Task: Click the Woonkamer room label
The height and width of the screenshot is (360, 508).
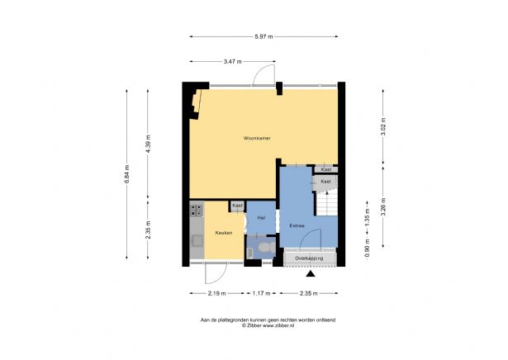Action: (x=257, y=138)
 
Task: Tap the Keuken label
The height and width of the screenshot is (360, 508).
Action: (x=224, y=233)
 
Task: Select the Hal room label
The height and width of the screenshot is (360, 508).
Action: (x=261, y=218)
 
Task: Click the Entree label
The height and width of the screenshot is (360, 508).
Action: (x=297, y=226)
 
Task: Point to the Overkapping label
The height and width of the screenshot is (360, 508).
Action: (x=309, y=258)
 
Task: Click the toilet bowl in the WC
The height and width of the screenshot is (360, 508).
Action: (x=268, y=248)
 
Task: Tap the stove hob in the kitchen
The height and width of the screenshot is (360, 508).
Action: (x=197, y=209)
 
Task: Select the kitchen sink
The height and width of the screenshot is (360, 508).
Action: (x=197, y=241)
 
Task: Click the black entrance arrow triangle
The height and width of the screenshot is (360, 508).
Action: (x=311, y=274)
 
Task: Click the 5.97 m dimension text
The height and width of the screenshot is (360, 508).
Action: (x=263, y=36)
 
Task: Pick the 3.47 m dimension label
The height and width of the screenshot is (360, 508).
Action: (x=233, y=61)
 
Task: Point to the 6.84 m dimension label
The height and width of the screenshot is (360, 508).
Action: (x=126, y=174)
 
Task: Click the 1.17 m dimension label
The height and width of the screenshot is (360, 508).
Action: (x=261, y=293)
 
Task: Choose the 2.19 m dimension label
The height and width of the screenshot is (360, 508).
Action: (x=216, y=293)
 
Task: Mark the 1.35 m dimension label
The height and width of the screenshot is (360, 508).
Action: (x=367, y=218)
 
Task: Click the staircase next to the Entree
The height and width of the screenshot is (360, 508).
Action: (x=326, y=204)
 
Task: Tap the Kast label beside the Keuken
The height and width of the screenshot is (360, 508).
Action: (x=237, y=206)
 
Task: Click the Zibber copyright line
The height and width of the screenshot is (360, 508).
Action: (x=268, y=325)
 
